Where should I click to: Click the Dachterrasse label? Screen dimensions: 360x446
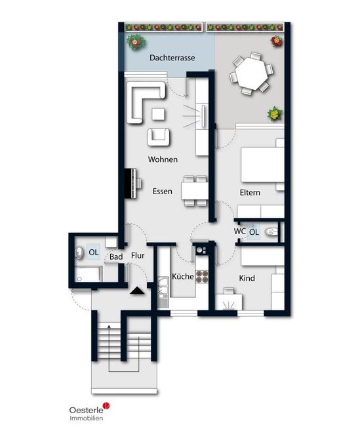click(172, 58)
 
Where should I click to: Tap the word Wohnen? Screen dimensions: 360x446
click(163, 159)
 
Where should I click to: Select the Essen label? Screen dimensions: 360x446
click(163, 191)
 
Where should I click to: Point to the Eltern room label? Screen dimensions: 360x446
click(250, 193)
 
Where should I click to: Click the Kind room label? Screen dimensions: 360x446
click(247, 278)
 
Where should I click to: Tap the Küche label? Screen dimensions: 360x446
click(182, 276)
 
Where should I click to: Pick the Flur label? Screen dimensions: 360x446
click(138, 255)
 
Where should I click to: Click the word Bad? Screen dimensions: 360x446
click(116, 257)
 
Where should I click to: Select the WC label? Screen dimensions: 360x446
click(239, 232)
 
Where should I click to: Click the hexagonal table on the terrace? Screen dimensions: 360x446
click(252, 73)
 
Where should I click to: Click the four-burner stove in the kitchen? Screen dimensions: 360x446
click(202, 277)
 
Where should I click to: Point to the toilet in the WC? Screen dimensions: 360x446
click(271, 232)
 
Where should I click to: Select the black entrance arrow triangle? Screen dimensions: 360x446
click(137, 291)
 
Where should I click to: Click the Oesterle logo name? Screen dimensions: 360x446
click(87, 410)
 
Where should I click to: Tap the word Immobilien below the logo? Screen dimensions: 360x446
click(87, 418)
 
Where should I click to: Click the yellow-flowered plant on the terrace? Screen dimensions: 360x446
click(275, 113)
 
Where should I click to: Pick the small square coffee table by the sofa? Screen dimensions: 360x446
click(158, 114)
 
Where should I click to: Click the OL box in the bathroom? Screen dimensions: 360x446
click(94, 253)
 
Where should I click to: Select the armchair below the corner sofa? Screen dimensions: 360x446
click(159, 137)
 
